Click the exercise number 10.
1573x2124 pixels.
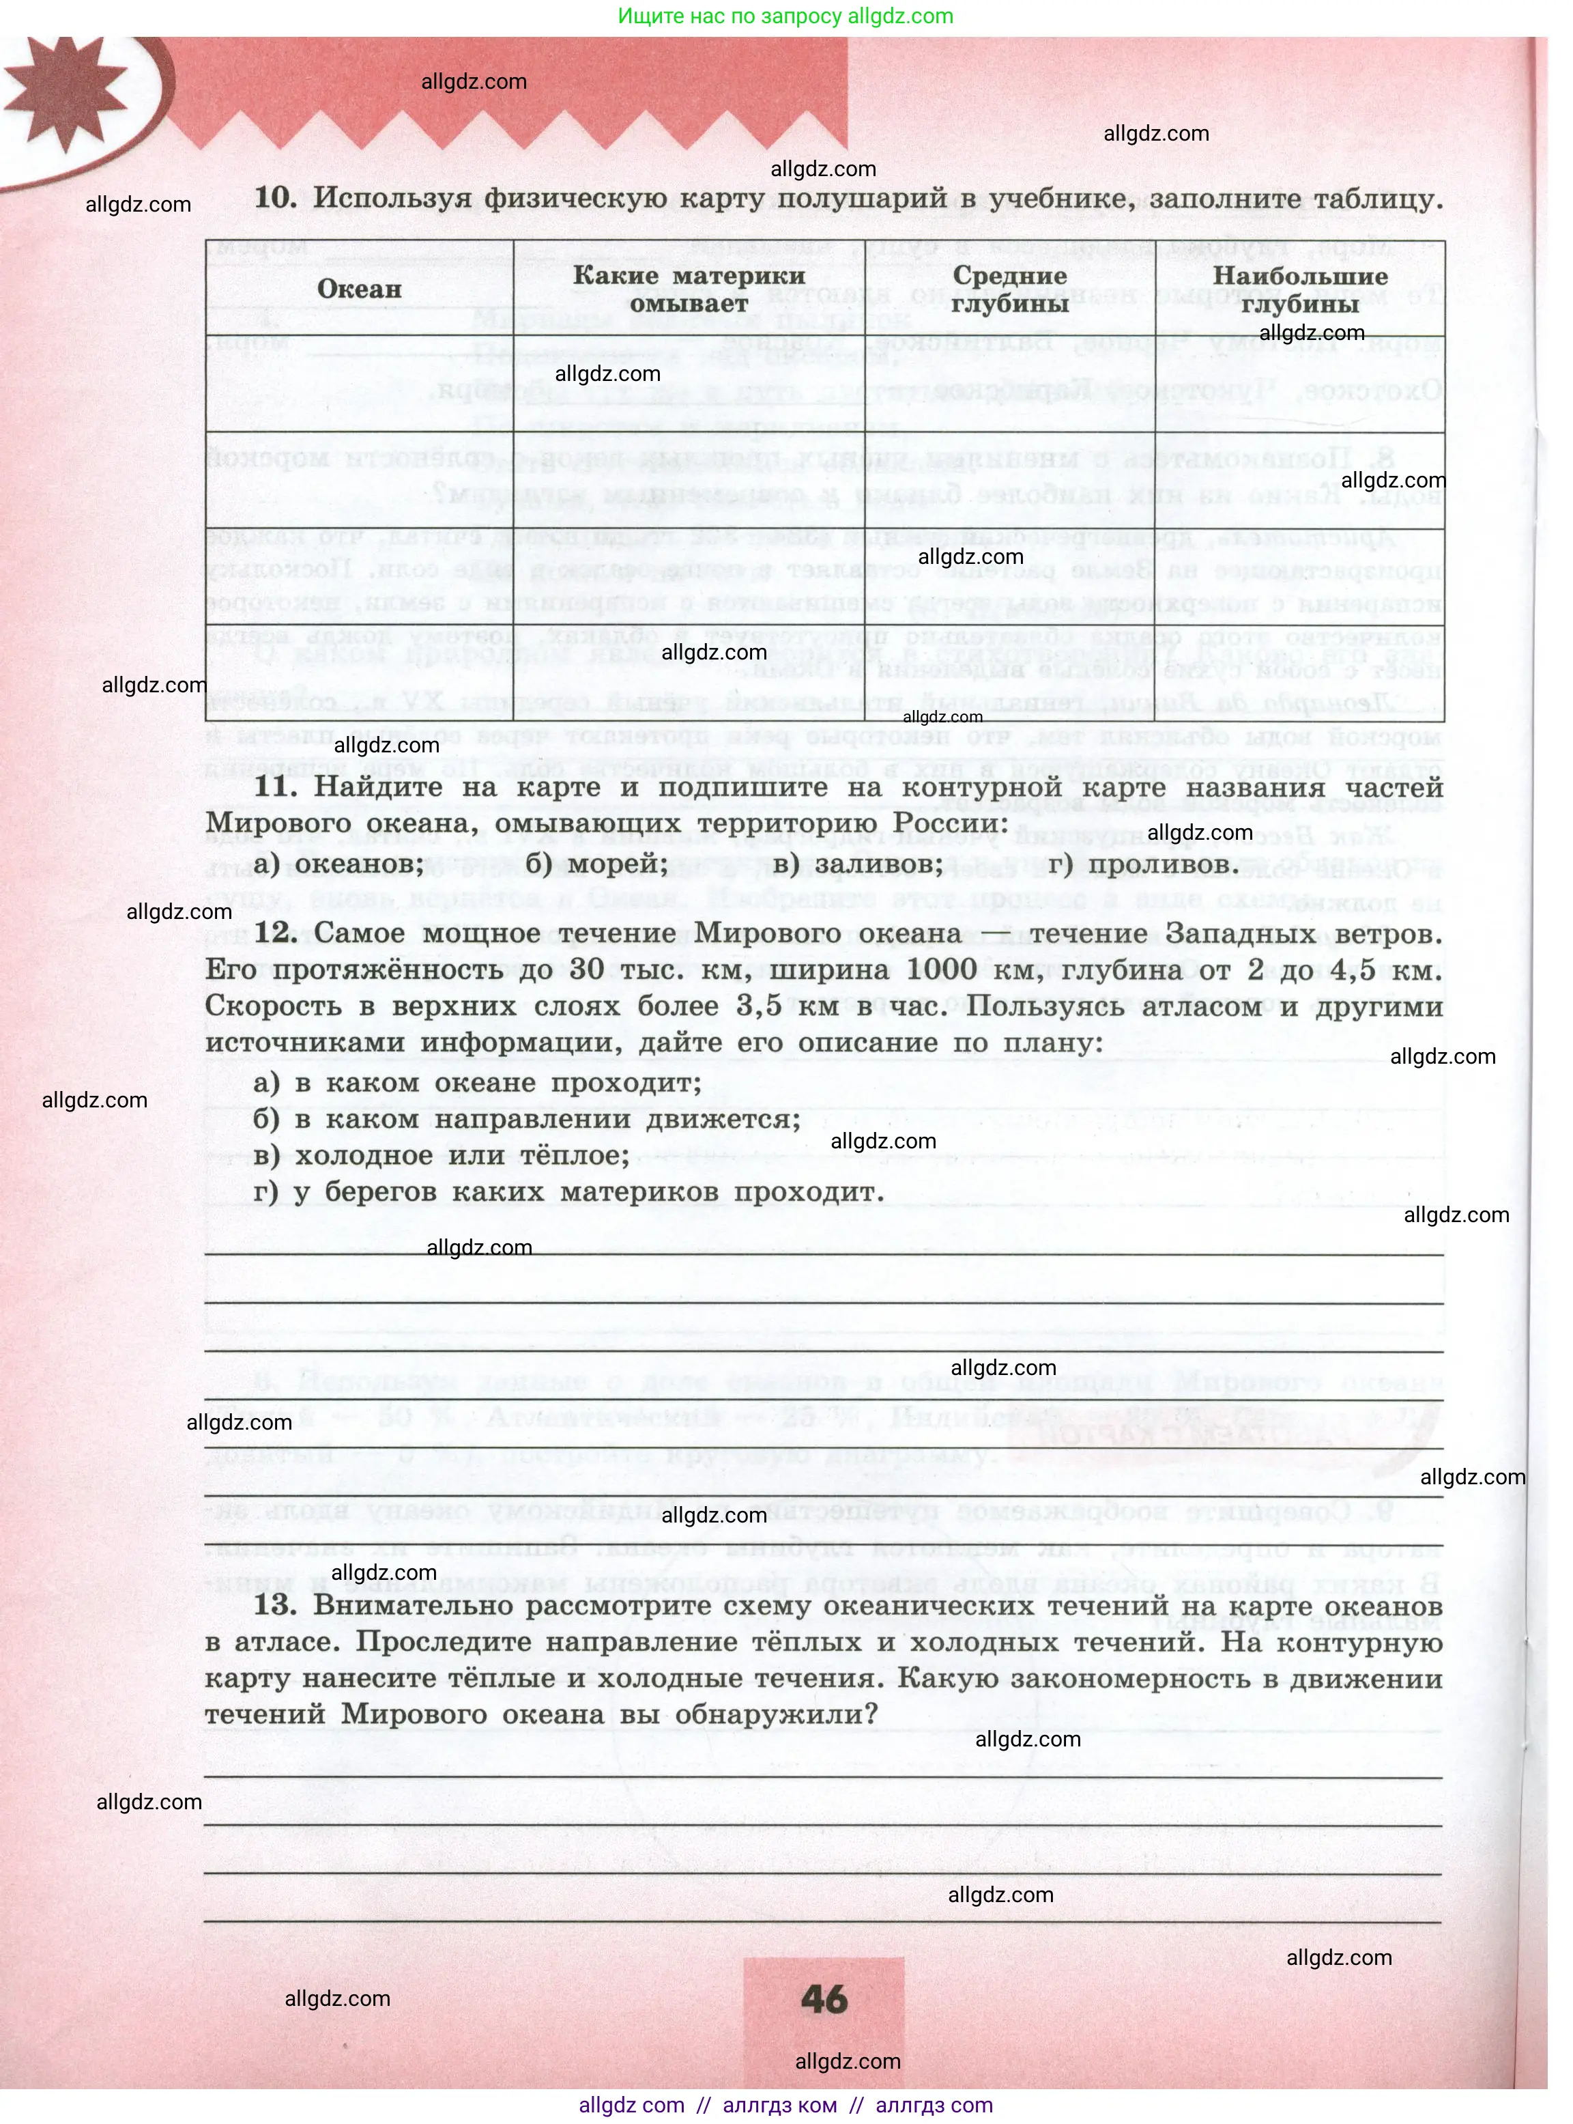pos(275,197)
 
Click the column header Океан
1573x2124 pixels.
pos(359,289)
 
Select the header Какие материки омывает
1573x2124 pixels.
pos(689,289)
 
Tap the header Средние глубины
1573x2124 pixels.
pos(1009,289)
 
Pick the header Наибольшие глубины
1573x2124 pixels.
pos(1300,289)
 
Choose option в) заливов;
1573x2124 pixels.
pos(857,863)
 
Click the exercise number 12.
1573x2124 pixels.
pos(275,933)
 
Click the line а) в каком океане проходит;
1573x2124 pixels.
pos(477,1083)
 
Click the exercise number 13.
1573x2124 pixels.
pos(275,1605)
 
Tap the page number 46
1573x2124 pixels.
pos(824,1999)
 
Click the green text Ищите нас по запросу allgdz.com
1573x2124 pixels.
pos(785,16)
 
